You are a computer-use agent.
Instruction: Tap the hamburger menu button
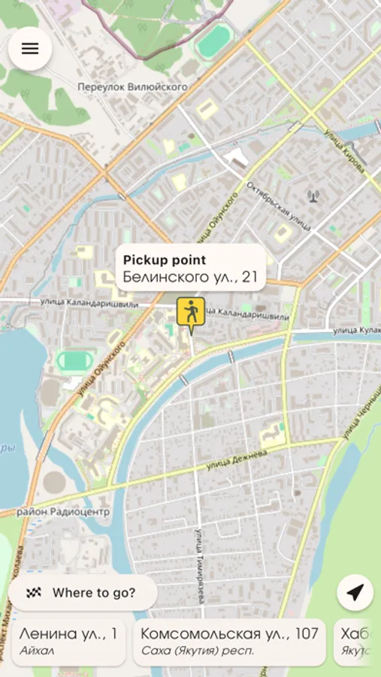tap(30, 49)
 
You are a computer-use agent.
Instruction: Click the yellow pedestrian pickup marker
tap(191, 312)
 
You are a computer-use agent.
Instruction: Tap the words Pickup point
tap(164, 260)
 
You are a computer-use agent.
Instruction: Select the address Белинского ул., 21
tap(190, 278)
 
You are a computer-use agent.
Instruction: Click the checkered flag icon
tap(33, 593)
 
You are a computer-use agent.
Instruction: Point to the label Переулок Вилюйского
tap(132, 87)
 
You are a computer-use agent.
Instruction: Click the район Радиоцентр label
tap(63, 512)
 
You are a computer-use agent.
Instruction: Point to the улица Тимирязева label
tap(201, 564)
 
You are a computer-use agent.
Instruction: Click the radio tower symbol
tap(313, 197)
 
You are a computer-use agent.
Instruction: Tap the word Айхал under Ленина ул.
tap(37, 651)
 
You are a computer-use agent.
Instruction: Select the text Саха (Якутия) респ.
tap(198, 651)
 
